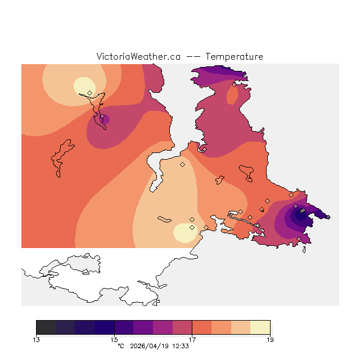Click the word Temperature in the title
234,57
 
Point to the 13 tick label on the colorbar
37,339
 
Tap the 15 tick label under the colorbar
114,339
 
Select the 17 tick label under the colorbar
192,339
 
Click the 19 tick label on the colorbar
269,339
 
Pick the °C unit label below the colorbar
120,346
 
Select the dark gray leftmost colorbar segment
46,327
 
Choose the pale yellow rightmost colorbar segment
260,327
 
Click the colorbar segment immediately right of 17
201,327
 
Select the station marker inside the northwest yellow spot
89,93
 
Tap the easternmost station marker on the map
328,217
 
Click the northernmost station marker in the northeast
235,85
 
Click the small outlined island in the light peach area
165,219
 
